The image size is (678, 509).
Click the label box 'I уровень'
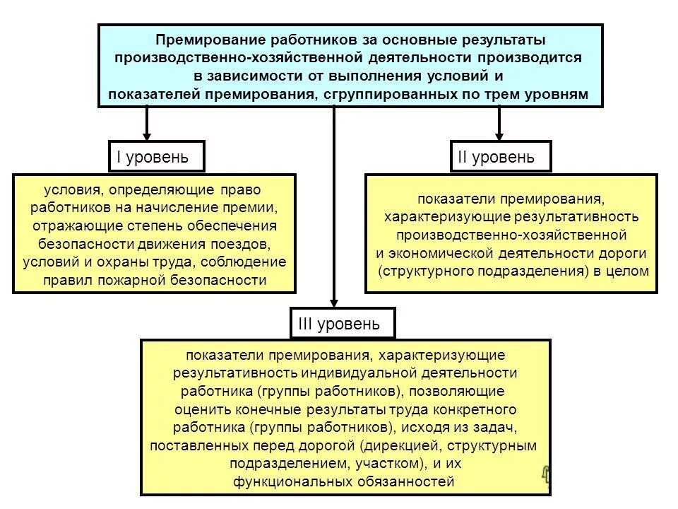(x=156, y=156)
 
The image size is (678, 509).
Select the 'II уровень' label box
(x=501, y=156)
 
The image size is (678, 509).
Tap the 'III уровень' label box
(x=343, y=324)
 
